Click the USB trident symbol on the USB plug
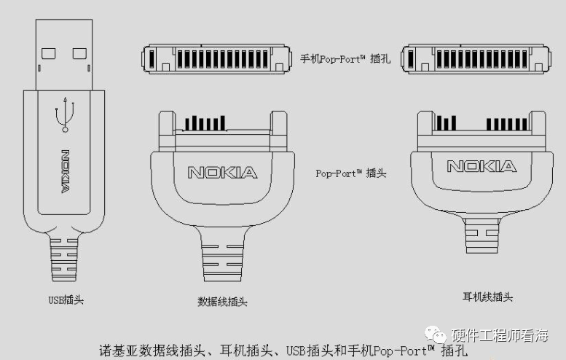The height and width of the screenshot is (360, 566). [x=66, y=114]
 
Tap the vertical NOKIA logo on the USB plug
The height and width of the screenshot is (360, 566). [x=66, y=173]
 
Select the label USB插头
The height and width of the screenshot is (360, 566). [x=66, y=300]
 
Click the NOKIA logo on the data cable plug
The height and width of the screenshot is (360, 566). [x=222, y=173]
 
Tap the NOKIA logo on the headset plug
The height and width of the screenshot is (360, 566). [x=482, y=167]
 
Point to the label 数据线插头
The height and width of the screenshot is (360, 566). [x=222, y=301]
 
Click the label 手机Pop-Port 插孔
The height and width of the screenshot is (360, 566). [x=345, y=59]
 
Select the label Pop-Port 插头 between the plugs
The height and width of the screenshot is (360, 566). [x=350, y=173]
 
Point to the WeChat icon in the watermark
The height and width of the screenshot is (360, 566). [x=439, y=336]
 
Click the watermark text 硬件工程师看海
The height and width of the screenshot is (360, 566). [x=500, y=337]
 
